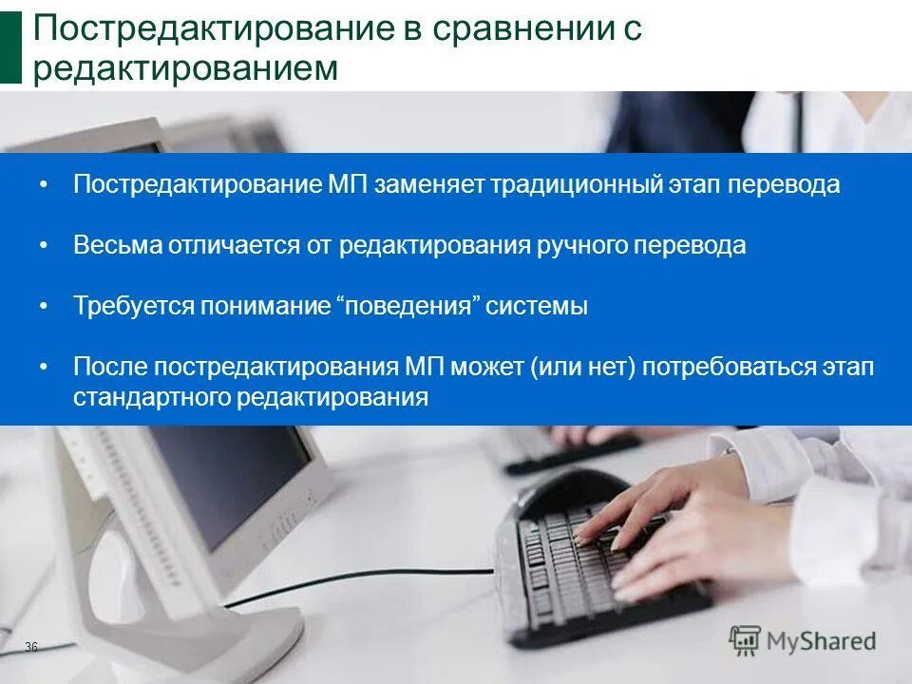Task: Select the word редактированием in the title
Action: (185, 68)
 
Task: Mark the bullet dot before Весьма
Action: (44, 245)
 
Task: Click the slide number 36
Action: (31, 647)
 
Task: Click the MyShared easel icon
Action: (746, 640)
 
